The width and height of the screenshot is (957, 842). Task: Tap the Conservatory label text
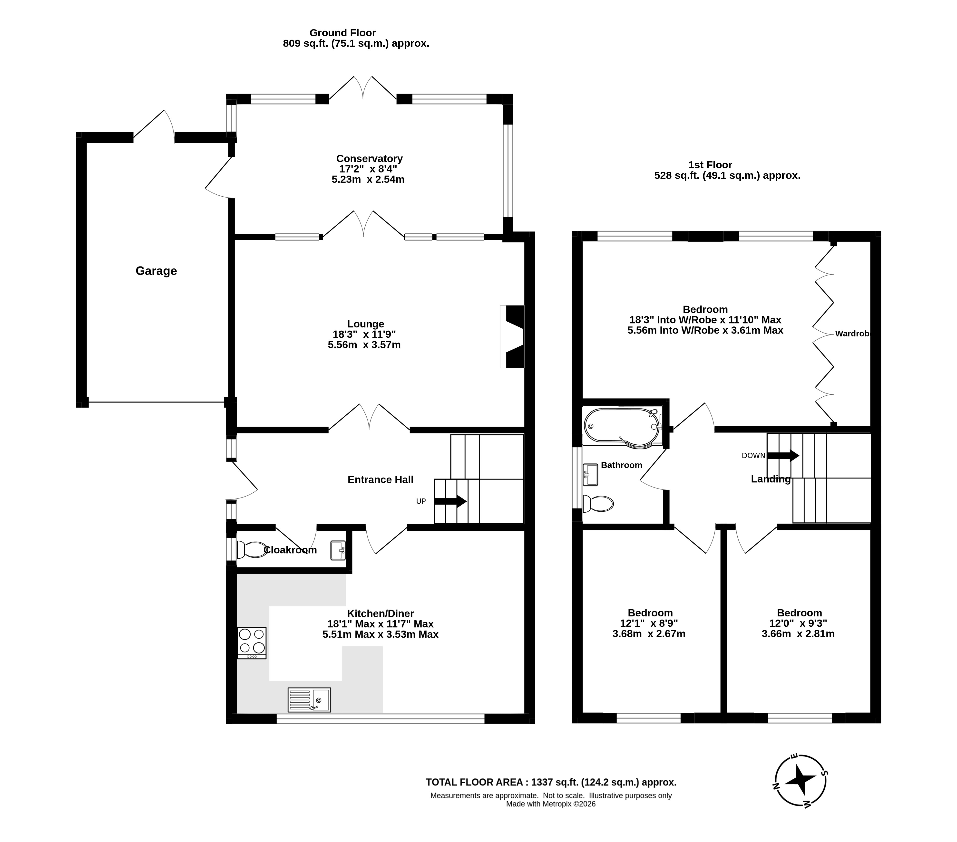pos(369,159)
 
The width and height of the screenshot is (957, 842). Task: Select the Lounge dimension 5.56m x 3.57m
pos(364,345)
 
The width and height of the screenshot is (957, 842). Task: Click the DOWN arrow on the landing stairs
pos(783,455)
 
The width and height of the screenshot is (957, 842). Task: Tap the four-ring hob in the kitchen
pos(252,643)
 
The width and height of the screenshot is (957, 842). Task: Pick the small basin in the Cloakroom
pos(338,550)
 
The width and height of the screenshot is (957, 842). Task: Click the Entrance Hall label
pos(380,480)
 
